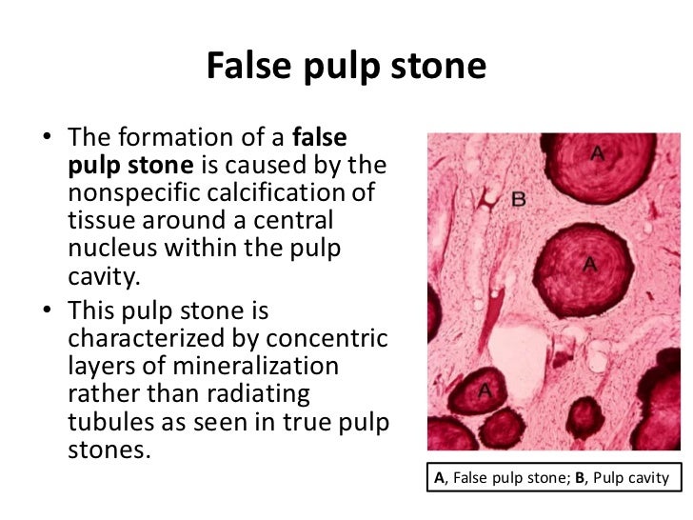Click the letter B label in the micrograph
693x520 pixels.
pos(519,199)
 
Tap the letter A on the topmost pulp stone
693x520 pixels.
pos(597,152)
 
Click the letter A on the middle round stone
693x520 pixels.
pos(590,265)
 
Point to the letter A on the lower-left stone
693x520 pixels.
pos(484,390)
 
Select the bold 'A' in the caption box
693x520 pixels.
pos(439,478)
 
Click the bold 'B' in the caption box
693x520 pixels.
pos(580,478)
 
